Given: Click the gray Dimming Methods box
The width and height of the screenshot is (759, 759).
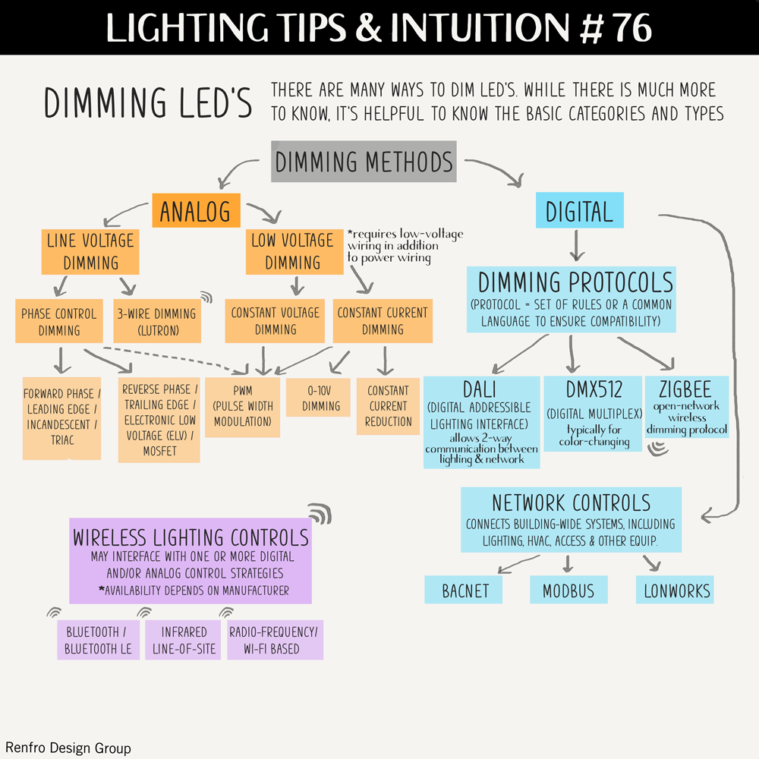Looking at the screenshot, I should (364, 162).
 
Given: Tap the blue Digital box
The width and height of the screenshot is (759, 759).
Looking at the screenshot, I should (579, 210).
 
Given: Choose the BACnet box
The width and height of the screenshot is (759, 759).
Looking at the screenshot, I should (465, 590).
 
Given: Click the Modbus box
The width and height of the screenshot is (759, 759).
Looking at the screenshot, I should (568, 590).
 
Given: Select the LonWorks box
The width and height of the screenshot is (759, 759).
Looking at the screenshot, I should (676, 590).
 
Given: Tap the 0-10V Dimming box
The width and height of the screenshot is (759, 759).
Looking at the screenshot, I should (321, 397).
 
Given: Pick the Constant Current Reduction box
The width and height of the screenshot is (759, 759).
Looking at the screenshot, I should (388, 406).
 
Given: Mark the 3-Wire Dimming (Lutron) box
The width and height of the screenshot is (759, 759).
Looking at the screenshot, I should (156, 321).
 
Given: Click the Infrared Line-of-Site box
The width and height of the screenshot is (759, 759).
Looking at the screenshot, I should (183, 640).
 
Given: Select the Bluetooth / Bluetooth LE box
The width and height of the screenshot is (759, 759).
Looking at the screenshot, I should (99, 640).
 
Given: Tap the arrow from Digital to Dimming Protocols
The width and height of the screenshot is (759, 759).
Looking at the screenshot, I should (576, 244).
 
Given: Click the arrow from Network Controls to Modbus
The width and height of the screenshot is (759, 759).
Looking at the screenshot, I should (568, 564).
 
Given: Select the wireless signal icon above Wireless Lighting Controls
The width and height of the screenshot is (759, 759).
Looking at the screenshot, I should (320, 513).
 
